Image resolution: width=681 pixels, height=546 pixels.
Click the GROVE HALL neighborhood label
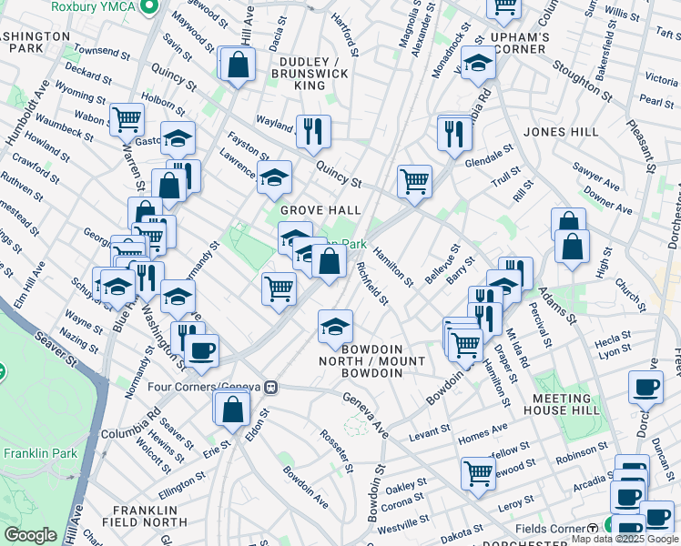pos(320,210)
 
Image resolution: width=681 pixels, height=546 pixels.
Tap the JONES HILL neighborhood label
pos(561,132)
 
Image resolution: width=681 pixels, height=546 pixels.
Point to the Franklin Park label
pos(32,453)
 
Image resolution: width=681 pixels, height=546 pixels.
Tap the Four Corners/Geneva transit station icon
pos(269,386)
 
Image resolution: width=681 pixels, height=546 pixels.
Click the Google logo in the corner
pos(29,534)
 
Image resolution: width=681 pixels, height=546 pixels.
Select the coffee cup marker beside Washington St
pos(202,349)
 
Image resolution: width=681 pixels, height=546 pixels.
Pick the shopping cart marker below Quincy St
pos(414,180)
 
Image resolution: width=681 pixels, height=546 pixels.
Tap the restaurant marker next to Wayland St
pos(313,129)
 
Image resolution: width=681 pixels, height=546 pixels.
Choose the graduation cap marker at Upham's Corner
pos(477,63)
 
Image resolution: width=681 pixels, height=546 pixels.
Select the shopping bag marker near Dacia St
pos(238,64)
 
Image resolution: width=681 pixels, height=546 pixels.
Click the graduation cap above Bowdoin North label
pos(335,325)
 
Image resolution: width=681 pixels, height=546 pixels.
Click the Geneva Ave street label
pos(367,415)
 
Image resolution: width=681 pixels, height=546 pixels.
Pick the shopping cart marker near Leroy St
pos(478,472)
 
